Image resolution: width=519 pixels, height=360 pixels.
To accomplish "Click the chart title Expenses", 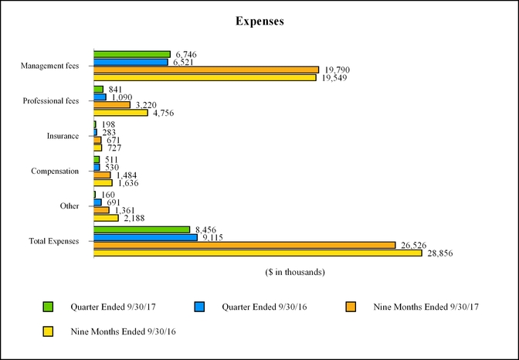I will (x=259, y=22).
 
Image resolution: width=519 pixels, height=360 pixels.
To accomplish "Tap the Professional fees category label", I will (x=51, y=101).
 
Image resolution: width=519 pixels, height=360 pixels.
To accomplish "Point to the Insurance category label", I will (x=63, y=136).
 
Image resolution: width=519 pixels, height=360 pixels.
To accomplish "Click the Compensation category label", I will (x=55, y=171).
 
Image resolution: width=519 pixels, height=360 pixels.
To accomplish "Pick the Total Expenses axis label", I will (x=54, y=241).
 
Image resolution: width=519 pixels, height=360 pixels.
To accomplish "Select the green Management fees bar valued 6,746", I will (x=132, y=54).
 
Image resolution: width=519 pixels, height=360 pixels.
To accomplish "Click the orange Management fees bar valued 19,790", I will (x=206, y=70).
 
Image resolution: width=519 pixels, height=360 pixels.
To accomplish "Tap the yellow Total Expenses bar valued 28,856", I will (x=258, y=253).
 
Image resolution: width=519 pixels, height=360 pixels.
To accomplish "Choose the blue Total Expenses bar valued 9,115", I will (x=145, y=237).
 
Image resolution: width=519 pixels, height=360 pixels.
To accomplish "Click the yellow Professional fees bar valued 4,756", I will (x=120, y=113).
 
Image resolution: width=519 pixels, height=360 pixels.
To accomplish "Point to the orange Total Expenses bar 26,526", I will (x=245, y=245).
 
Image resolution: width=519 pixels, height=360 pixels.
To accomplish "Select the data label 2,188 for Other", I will (x=134, y=219).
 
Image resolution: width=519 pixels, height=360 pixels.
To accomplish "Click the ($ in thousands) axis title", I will (x=294, y=272).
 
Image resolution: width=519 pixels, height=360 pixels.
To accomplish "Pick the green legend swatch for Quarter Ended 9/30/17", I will (x=48, y=307).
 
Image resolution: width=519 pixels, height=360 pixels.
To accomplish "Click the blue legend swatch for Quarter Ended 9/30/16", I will (x=199, y=307).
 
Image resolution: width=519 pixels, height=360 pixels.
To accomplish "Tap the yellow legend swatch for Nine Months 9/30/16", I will (x=48, y=331).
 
